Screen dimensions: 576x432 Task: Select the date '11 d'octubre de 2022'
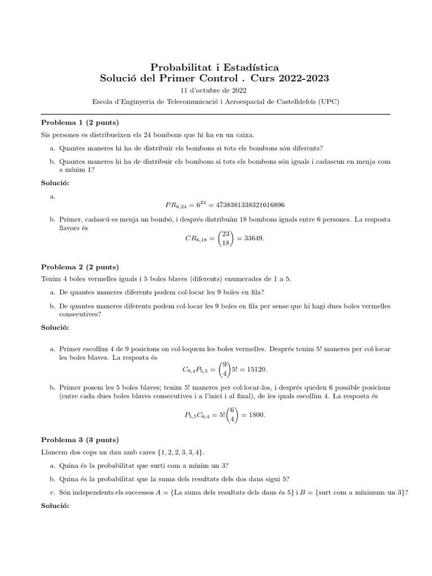tap(213, 90)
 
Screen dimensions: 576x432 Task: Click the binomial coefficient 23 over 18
tap(225, 238)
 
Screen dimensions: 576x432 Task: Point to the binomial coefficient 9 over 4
tap(224, 369)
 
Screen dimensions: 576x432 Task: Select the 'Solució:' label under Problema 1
tap(56, 183)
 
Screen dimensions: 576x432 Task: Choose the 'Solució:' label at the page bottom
tap(56, 506)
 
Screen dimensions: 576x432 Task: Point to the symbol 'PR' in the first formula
tap(165, 204)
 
